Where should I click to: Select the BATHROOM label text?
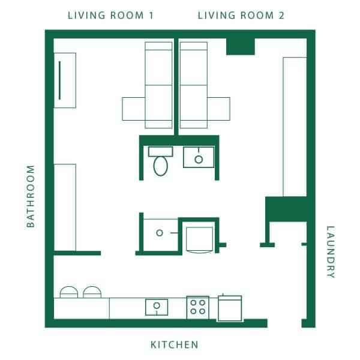pyautogui.click(x=31, y=196)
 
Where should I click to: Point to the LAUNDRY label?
pyautogui.click(x=329, y=251)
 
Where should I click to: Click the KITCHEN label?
pyautogui.click(x=174, y=344)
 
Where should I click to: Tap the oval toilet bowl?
pyautogui.click(x=160, y=166)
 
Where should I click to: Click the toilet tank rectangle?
pyautogui.click(x=160, y=150)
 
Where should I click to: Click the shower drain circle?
pyautogui.click(x=160, y=233)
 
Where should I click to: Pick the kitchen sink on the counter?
pyautogui.click(x=157, y=307)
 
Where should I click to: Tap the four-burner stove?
pyautogui.click(x=197, y=307)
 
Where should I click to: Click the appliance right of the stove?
pyautogui.click(x=229, y=307)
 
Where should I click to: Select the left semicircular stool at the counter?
pyautogui.click(x=69, y=292)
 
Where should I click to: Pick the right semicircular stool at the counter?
pyautogui.click(x=92, y=292)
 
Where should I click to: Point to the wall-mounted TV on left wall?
pyautogui.click(x=59, y=80)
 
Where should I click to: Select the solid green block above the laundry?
pyautogui.click(x=286, y=209)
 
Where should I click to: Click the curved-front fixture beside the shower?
pyautogui.click(x=199, y=239)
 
